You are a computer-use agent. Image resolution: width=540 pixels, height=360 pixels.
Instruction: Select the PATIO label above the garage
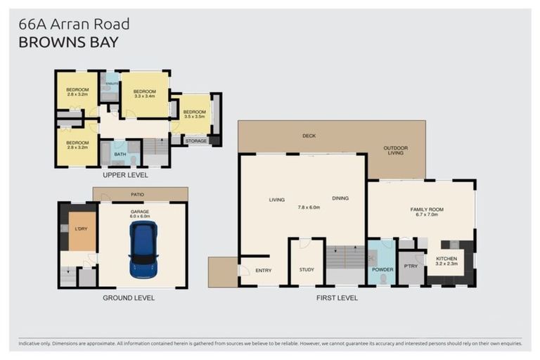point(138,195)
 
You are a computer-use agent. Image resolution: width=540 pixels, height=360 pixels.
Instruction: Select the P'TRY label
point(411,266)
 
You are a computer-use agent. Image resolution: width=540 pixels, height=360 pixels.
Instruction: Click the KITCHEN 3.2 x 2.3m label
point(446,261)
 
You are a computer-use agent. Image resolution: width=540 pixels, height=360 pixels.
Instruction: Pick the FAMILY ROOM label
point(424,212)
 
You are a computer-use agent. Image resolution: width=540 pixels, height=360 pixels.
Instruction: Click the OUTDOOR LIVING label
point(395,150)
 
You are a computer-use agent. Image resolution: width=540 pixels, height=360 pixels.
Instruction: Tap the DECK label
point(308,136)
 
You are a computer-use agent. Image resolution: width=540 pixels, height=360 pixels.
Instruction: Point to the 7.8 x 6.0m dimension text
point(309,207)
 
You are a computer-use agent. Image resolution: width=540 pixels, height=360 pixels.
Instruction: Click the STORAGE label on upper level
point(196,141)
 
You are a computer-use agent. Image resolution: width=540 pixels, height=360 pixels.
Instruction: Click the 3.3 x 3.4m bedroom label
point(144,94)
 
